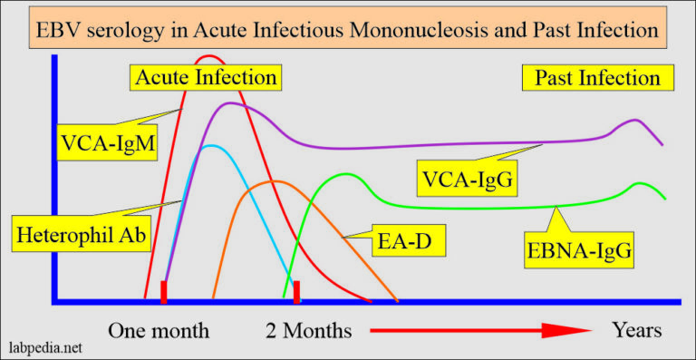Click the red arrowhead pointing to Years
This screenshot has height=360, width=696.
567,330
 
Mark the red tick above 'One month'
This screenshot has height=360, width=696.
164,292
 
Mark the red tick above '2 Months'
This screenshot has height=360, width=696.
296,292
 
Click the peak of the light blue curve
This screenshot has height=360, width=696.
210,145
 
